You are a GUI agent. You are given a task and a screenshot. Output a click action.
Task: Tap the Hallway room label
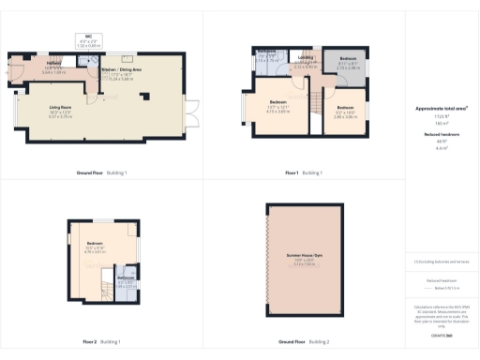26,67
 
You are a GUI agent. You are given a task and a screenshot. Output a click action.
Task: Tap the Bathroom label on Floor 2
124,277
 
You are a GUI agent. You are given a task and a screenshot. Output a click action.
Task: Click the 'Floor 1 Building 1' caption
304,173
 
